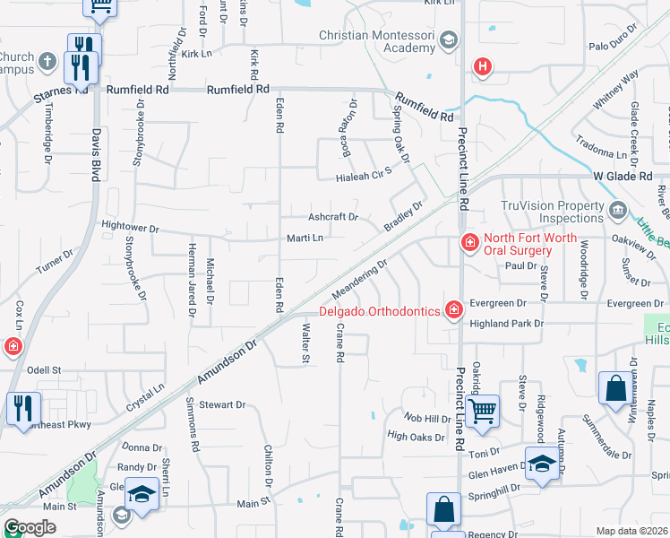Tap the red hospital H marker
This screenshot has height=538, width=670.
tap(483, 66)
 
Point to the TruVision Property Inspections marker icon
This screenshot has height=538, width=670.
tap(618, 212)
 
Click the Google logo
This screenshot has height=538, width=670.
tap(30, 527)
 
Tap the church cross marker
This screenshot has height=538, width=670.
tap(47, 61)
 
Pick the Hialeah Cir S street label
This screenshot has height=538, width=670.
tap(365, 170)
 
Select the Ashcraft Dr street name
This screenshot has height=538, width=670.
tap(333, 217)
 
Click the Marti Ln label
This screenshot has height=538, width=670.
tap(305, 238)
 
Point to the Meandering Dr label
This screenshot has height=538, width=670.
tap(359, 280)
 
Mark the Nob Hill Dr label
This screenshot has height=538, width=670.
tap(426, 419)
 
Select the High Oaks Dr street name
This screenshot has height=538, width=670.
tap(416, 437)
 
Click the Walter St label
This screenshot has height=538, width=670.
tap(303, 345)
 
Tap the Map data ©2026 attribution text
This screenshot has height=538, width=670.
tap(631, 531)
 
